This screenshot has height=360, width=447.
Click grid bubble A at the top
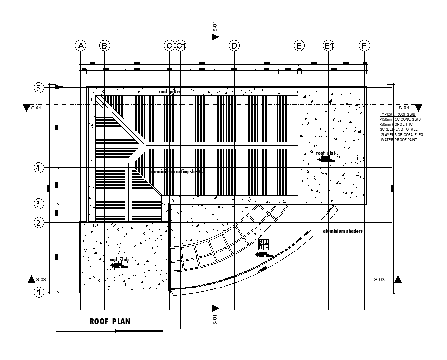[x=80, y=46]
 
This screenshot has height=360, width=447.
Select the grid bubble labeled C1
[x=181, y=46]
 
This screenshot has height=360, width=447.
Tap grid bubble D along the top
[x=234, y=46]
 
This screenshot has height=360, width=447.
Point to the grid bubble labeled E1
[x=329, y=46]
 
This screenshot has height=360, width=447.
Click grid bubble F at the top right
[x=364, y=46]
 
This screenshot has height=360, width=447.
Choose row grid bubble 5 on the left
[x=39, y=88]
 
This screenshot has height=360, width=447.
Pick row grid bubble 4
[x=39, y=168]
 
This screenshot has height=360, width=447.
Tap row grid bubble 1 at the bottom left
[x=39, y=292]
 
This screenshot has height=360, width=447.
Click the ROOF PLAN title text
[x=110, y=321]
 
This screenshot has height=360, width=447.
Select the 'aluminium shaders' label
[x=342, y=231]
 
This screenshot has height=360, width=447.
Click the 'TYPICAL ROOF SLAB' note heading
[x=395, y=114]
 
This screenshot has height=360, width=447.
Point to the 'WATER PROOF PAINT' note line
[x=399, y=140]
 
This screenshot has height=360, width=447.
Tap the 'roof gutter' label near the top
[x=170, y=92]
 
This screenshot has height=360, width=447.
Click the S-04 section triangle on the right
[x=418, y=108]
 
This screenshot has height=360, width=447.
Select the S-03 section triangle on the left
[x=33, y=280]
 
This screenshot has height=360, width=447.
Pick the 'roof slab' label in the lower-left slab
[x=119, y=260]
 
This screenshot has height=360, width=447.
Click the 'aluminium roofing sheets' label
[x=176, y=172]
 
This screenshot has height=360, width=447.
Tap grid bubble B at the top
[x=104, y=46]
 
